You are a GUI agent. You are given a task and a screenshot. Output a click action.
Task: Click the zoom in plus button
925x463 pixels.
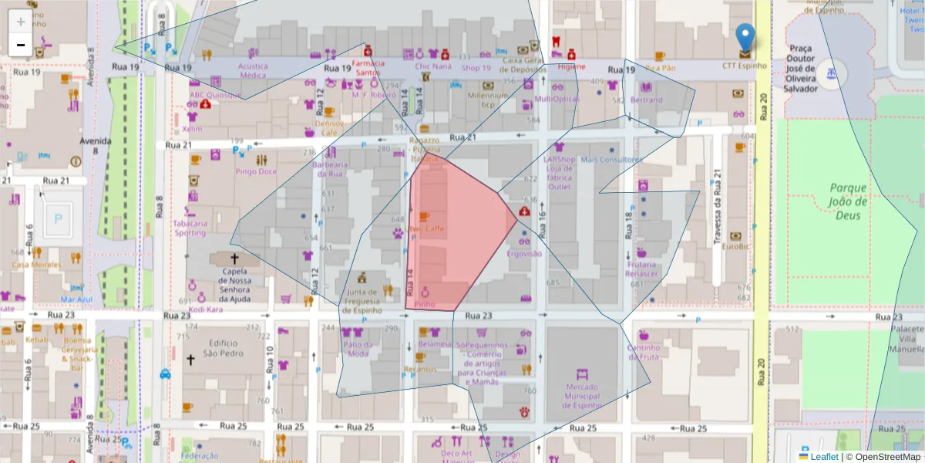(x=21, y=22)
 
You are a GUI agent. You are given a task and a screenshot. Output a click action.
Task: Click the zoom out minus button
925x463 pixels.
(x=21, y=45)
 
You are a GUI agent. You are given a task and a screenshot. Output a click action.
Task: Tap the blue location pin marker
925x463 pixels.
(x=745, y=39)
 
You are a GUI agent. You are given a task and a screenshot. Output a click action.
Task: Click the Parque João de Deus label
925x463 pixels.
(x=848, y=201)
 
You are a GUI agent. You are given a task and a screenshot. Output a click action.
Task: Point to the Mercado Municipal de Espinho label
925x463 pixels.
(x=593, y=396)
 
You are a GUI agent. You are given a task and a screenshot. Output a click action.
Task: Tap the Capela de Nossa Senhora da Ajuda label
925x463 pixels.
(x=234, y=285)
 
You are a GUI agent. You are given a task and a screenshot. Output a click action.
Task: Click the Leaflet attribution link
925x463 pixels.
(x=823, y=457)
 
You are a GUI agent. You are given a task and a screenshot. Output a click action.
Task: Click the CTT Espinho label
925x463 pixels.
(x=745, y=66)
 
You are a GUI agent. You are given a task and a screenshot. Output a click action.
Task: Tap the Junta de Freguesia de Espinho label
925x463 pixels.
(x=362, y=301)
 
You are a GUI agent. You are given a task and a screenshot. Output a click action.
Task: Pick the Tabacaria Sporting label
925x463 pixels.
(x=190, y=228)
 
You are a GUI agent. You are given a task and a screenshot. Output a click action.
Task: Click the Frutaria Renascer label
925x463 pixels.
(x=641, y=269)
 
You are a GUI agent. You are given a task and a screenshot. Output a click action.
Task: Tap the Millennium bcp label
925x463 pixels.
(x=487, y=100)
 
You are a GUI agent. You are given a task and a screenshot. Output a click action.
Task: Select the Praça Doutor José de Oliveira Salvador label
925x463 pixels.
(x=812, y=68)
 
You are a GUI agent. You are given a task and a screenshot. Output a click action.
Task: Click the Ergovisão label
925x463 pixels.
(x=524, y=253)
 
